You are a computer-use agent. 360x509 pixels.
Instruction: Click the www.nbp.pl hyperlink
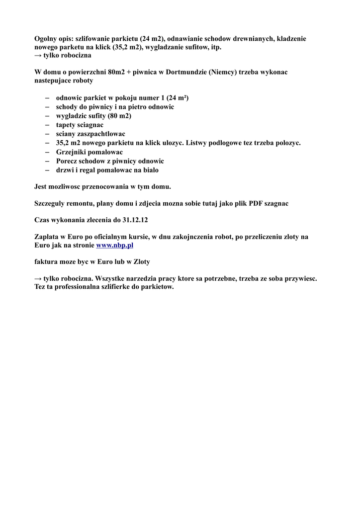[x=114, y=245]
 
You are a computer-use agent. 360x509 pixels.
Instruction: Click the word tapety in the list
[x=66, y=125]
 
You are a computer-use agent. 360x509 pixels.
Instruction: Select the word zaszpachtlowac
[x=101, y=134]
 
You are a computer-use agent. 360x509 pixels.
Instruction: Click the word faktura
[x=46, y=261]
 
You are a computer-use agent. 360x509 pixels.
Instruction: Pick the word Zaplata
[x=48, y=237]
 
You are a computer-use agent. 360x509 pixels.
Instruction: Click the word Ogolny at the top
[x=47, y=38]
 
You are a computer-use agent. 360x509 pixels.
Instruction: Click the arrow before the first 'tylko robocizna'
[x=38, y=56]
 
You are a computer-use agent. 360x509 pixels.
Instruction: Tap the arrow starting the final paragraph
[x=38, y=278]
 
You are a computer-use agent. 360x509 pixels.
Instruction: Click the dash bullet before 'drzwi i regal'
[x=47, y=170]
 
